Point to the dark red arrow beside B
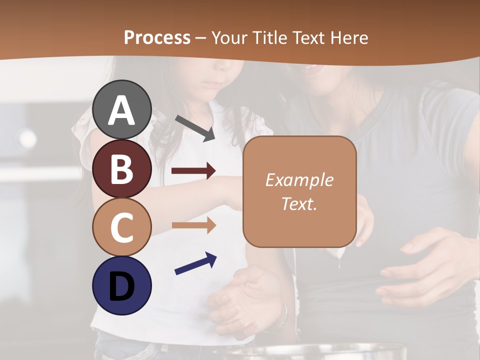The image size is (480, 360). tap(193, 171)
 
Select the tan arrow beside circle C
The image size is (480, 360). tap(193, 225)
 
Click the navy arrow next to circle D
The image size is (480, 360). tap(195, 263)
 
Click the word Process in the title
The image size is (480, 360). tap(157, 38)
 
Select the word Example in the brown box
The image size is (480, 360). tap(299, 180)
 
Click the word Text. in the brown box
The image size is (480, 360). tap(299, 204)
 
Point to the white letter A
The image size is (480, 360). tap(121, 110)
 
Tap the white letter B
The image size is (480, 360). tap(121, 169)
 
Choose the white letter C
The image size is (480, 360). tap(121, 227)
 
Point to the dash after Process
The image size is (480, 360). tap(201, 38)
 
